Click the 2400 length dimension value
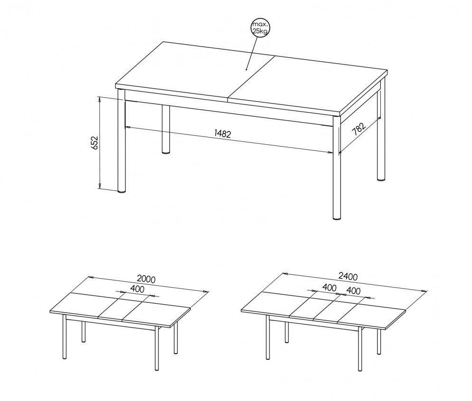pyautogui.click(x=348, y=276)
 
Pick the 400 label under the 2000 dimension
pyautogui.click(x=137, y=289)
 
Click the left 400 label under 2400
pyautogui.click(x=330, y=288)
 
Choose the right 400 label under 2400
pyautogui.click(x=353, y=291)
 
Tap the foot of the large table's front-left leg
pyautogui.click(x=121, y=191)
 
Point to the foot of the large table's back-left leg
pyautogui.click(x=166, y=152)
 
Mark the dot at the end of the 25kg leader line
pyautogui.click(x=246, y=69)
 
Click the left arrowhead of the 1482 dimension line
pyautogui.click(x=128, y=127)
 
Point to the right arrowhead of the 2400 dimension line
pyautogui.click(x=425, y=291)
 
